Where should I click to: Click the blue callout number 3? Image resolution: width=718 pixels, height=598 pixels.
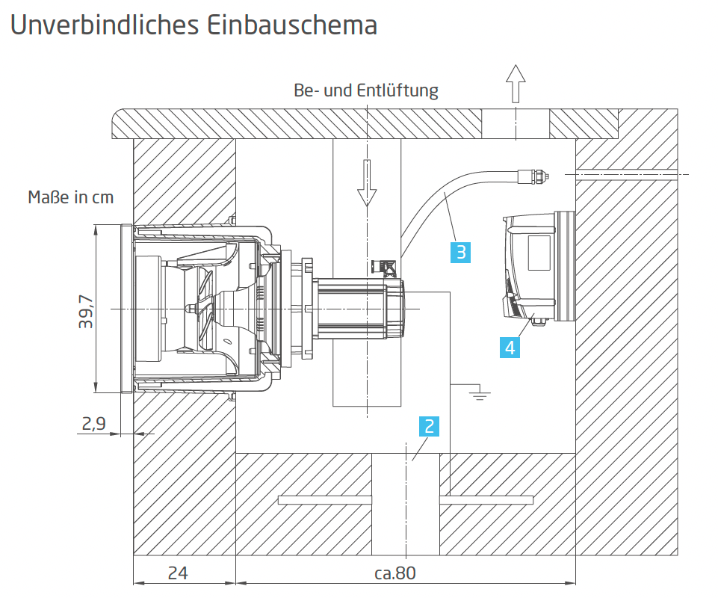point(461,252)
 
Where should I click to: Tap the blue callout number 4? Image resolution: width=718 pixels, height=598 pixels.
point(510,347)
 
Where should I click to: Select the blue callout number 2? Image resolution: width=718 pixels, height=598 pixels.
point(429,426)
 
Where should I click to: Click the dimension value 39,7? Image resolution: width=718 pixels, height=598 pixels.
point(86,309)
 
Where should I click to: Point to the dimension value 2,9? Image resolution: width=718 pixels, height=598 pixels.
point(93,424)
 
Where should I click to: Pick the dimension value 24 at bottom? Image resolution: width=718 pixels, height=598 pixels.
point(177,573)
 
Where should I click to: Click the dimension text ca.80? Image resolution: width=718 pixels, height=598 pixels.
point(394,573)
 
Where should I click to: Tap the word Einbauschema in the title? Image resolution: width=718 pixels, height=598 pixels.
point(289,25)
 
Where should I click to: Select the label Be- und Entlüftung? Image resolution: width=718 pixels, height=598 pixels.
point(366,91)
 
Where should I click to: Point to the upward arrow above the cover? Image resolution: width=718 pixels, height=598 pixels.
point(515,81)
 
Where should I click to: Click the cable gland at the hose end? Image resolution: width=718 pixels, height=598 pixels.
point(532,176)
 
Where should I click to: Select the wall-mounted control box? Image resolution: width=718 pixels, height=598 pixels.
point(538,265)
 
